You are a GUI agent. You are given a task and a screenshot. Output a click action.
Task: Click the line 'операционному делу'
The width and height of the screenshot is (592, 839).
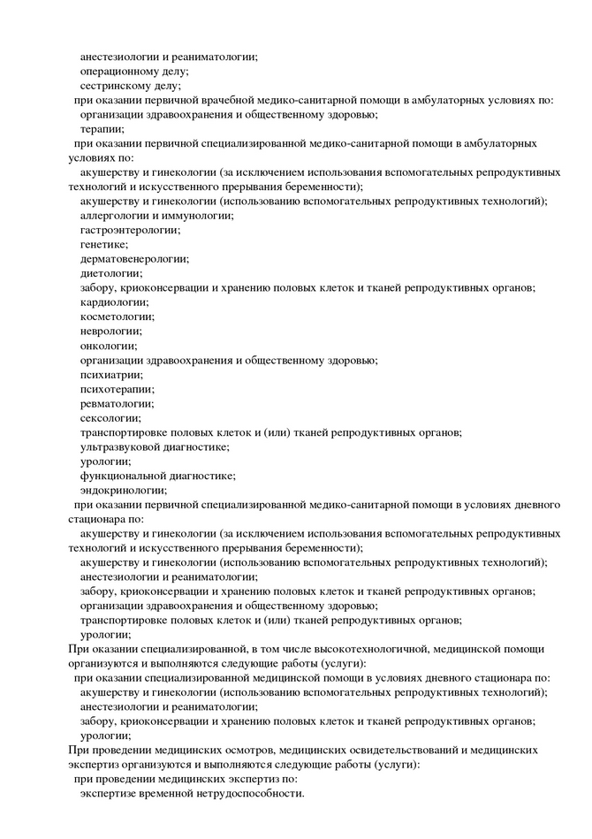coord(133,72)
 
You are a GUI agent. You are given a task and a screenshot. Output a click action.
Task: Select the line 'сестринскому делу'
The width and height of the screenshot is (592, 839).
coord(130,86)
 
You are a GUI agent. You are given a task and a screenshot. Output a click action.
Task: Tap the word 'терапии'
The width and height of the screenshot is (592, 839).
coord(102,129)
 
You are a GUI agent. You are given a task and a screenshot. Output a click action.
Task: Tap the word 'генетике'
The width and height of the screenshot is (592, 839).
coord(103,244)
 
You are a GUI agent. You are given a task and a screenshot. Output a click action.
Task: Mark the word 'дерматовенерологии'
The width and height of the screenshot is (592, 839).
coord(133,258)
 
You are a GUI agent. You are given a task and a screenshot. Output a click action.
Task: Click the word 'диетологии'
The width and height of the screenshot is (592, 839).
coord(110,272)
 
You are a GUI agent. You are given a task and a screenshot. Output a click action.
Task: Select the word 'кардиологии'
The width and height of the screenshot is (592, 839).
coord(112,301)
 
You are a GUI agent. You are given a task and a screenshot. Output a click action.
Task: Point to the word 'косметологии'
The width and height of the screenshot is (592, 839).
coord(117,316)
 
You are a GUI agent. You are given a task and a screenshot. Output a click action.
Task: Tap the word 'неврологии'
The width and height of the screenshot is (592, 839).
coord(110,330)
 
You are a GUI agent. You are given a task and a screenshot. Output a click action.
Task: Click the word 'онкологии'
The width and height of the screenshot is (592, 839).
coord(108,345)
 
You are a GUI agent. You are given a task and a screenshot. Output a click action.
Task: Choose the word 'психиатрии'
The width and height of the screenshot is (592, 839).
coord(110,374)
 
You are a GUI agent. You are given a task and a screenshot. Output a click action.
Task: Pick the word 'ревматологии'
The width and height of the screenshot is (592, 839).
coord(116,402)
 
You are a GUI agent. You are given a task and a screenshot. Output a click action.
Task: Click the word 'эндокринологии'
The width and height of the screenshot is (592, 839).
coord(123,489)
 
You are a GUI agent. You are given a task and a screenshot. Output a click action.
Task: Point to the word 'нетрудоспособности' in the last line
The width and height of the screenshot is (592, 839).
coord(249,792)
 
